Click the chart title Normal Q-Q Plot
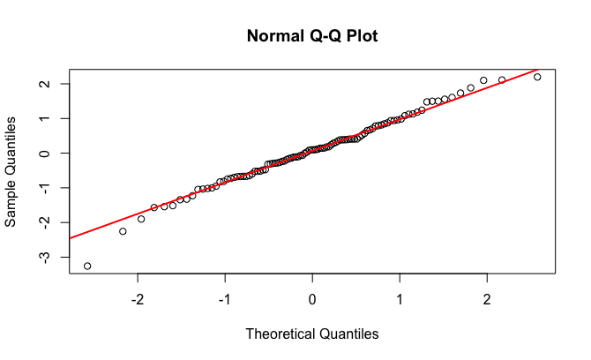click(x=312, y=37)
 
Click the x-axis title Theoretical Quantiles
click(x=312, y=334)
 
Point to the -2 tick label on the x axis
click(x=138, y=300)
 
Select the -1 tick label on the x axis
click(x=225, y=300)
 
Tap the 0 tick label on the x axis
click(x=312, y=300)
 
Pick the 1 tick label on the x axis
click(x=400, y=300)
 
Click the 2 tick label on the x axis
click(x=487, y=300)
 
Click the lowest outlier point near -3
click(x=87, y=266)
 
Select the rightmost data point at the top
click(x=537, y=77)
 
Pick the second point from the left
click(x=123, y=231)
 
